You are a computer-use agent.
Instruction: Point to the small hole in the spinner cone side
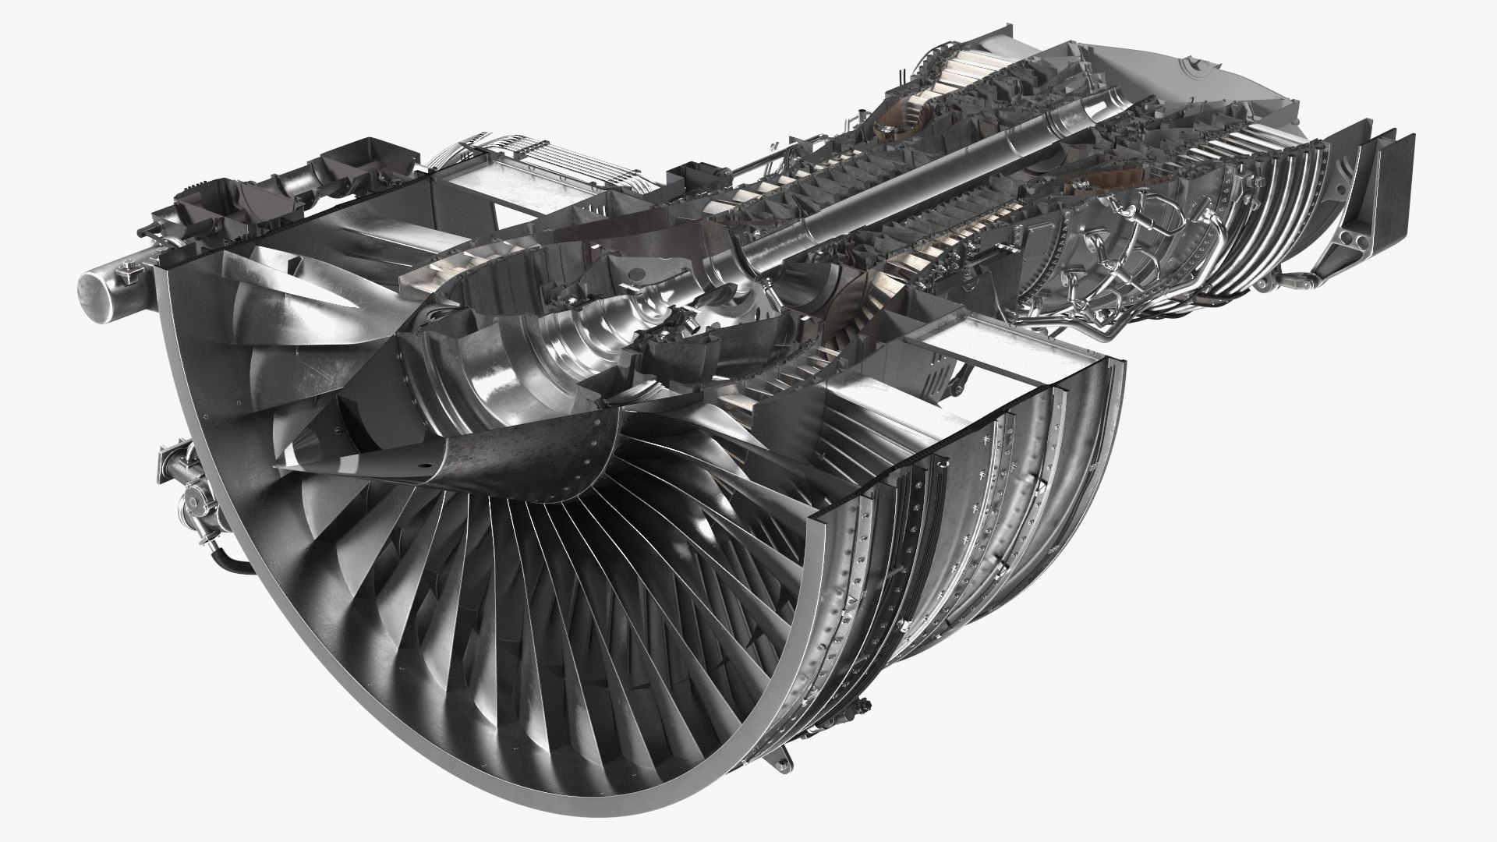click(x=425, y=469)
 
